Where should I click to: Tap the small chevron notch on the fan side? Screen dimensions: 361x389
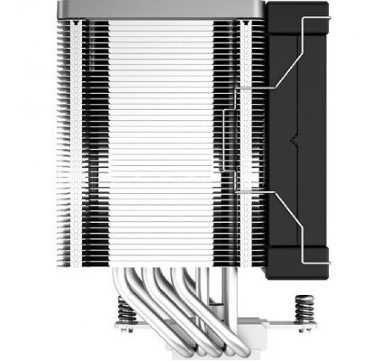(x=293, y=138)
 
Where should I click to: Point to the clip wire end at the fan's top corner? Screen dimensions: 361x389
(x=320, y=19)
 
